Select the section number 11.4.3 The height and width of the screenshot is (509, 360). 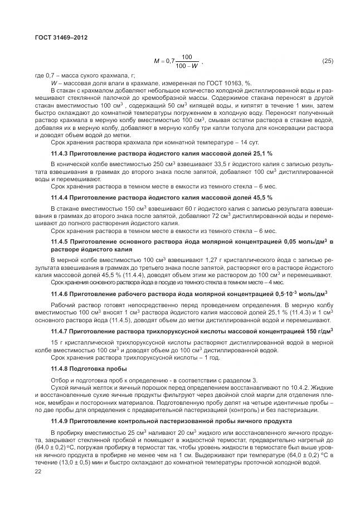tap(60, 153)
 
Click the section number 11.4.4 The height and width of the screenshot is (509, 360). tap(60, 197)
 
